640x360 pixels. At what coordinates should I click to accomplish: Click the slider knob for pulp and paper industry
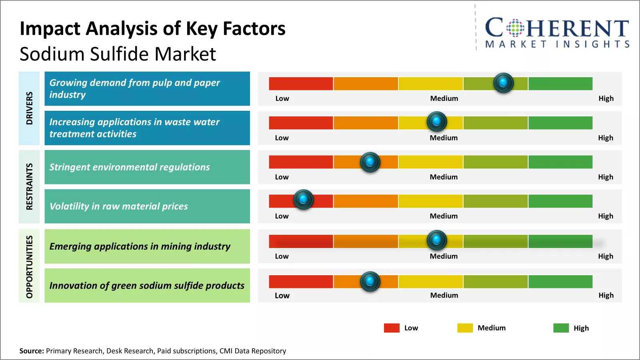503,83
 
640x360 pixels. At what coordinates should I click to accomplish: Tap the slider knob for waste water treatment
437,121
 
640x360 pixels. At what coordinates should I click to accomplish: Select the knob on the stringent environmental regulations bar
370,162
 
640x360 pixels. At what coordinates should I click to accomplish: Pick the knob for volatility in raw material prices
304,199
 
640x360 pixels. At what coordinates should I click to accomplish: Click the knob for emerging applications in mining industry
437,240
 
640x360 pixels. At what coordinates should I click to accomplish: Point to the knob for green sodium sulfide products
370,281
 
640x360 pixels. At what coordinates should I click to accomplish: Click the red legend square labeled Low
392,328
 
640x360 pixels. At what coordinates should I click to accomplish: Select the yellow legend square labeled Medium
465,328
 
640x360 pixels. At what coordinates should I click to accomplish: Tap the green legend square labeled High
561,328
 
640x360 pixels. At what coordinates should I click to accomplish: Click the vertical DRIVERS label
29,108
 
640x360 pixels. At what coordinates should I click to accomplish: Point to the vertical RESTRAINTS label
29,186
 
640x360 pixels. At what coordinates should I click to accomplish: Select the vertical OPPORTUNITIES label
29,266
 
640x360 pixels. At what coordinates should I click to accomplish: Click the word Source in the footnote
31,351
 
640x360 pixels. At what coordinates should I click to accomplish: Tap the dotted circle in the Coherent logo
515,28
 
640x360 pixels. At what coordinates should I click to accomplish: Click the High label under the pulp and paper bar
606,98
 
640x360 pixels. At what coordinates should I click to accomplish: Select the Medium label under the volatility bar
444,216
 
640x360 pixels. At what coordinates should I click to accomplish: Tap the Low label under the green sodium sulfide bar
282,296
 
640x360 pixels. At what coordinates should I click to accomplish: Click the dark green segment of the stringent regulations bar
560,162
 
